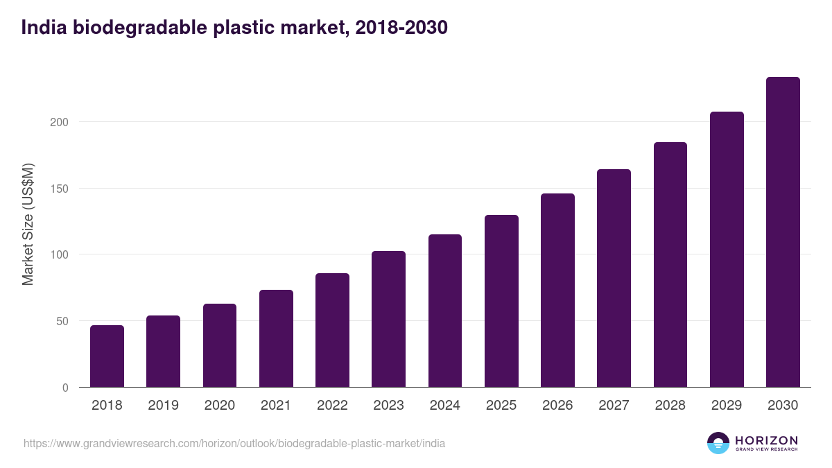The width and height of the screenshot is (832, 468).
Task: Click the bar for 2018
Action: [107, 356]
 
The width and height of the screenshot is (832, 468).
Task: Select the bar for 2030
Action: [783, 232]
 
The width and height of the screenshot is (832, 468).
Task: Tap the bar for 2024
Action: [445, 311]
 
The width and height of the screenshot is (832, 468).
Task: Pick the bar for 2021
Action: [276, 338]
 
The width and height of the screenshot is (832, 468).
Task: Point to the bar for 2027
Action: [614, 278]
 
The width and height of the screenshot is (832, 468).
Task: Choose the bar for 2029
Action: [727, 250]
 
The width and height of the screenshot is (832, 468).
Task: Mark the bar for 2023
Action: [388, 319]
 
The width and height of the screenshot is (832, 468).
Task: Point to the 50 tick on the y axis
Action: [63, 321]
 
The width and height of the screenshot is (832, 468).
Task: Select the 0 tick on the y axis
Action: [66, 388]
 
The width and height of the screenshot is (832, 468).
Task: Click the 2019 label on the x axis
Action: [163, 406]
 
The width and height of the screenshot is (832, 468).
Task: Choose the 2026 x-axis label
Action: [557, 406]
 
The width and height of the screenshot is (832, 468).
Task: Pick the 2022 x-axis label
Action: [332, 406]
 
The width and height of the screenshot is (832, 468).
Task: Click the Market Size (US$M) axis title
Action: [28, 225]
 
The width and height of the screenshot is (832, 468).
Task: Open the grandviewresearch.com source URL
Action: [234, 443]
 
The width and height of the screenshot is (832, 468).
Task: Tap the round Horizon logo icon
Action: [718, 443]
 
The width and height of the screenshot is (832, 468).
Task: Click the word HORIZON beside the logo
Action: [766, 440]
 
